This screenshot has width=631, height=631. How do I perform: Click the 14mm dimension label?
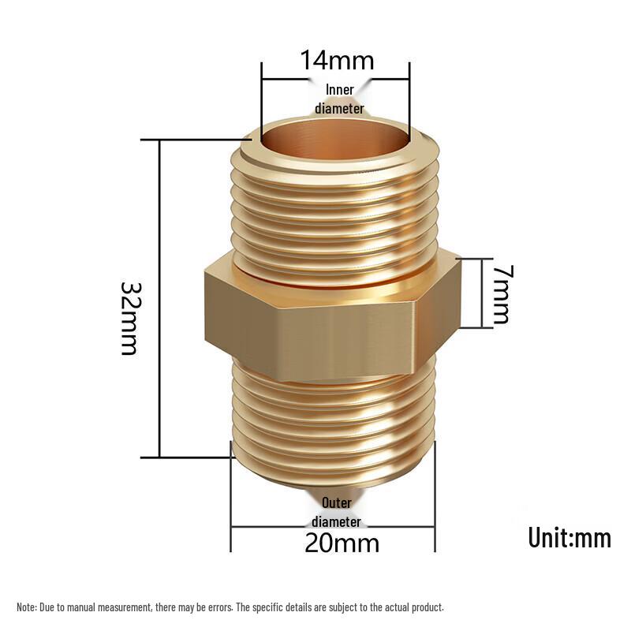point(338,61)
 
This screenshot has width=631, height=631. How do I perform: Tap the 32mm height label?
point(130,319)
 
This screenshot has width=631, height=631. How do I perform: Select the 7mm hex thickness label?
point(502,294)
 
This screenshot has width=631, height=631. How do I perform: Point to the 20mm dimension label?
point(342,543)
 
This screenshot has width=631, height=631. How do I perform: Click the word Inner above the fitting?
point(340,90)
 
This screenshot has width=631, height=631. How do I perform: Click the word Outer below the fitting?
point(337,502)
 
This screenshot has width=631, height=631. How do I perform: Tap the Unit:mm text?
point(569,538)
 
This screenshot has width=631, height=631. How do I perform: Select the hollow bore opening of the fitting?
point(334,136)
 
